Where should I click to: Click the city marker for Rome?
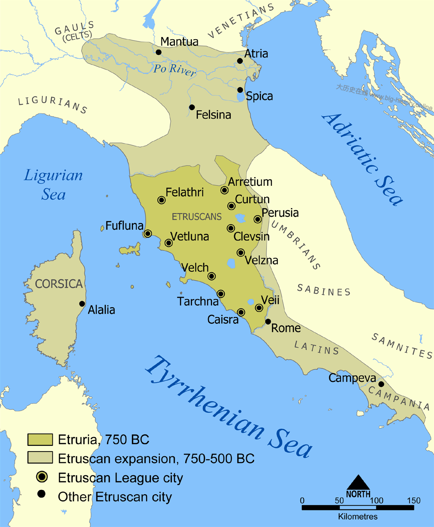[x=268, y=322]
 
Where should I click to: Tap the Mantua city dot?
[x=158, y=52]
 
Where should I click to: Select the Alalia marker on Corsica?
[x=82, y=304]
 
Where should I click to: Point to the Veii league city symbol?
[x=259, y=308]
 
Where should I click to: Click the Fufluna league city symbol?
[x=148, y=233]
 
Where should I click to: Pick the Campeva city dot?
[x=381, y=384]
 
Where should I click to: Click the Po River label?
[x=175, y=70]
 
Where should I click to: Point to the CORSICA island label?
[x=59, y=284]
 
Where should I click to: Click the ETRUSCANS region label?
[x=197, y=216]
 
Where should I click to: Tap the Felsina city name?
[x=213, y=115]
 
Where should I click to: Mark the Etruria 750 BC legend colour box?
[x=40, y=439]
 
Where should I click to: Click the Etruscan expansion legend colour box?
[x=40, y=458]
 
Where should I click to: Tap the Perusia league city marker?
[x=258, y=219]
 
